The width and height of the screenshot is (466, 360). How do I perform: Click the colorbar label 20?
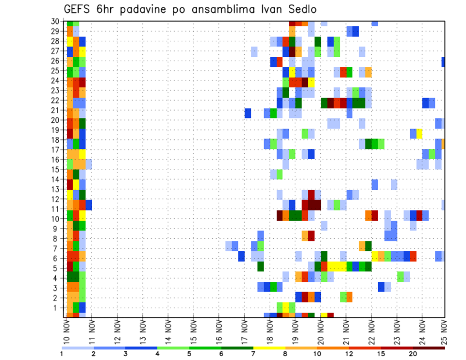tap(413, 354)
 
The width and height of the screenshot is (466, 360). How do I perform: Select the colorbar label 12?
tap(349, 354)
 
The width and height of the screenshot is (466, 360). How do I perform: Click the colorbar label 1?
tap(62, 354)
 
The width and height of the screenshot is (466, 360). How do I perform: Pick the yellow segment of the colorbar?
tap(269, 348)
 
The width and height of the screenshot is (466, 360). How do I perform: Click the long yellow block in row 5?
tap(336, 266)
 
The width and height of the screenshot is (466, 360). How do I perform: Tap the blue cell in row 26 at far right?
tap(443, 62)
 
